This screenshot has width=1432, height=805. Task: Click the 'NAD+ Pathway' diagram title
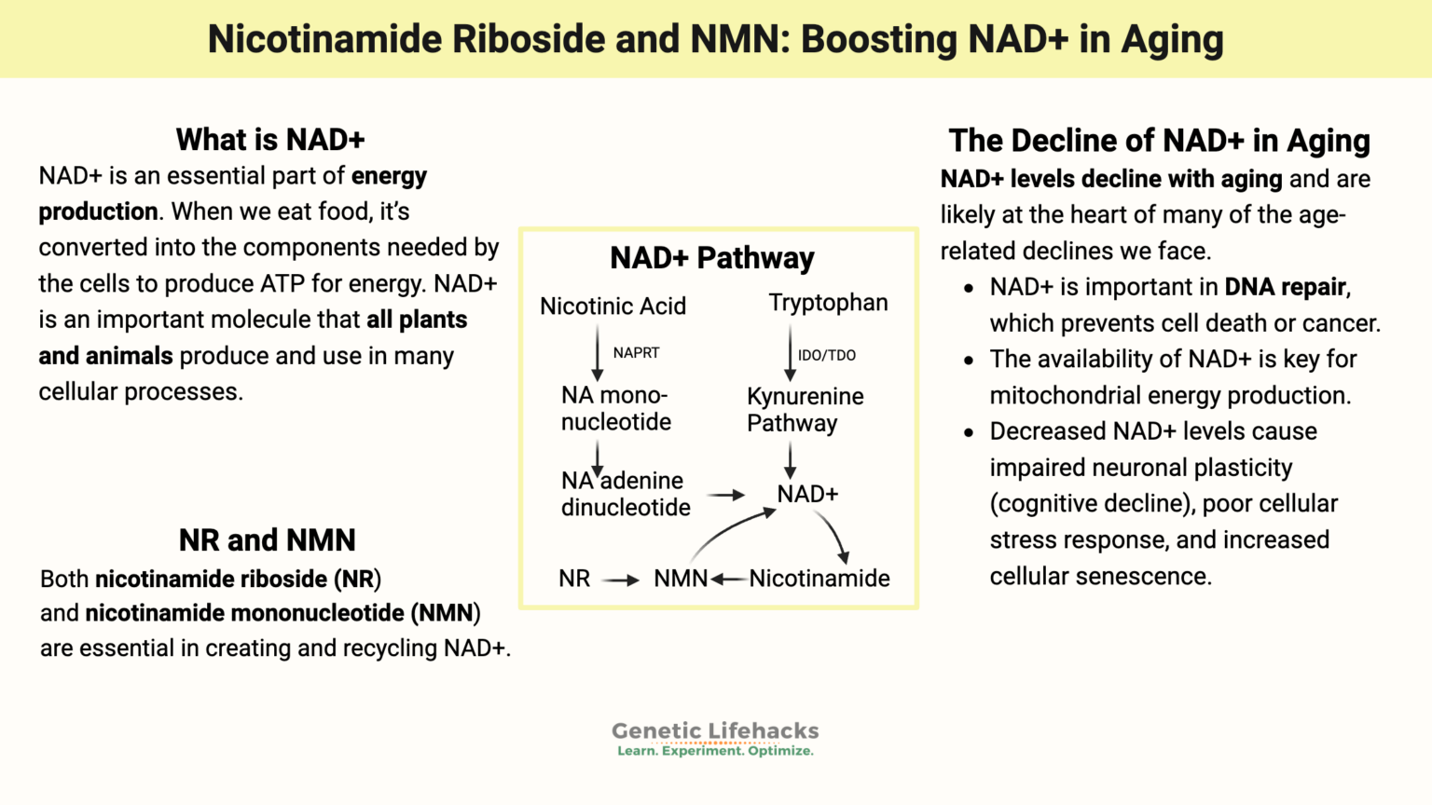712,258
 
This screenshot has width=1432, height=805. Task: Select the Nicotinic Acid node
613,306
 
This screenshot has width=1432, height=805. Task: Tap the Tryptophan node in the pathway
828,303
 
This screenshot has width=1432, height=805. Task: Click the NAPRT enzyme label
636,353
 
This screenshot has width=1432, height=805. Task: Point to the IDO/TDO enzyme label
826,355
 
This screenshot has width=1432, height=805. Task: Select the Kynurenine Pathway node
805,410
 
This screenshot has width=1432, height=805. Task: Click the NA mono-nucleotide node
615,409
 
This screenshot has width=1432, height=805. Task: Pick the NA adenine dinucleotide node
625,494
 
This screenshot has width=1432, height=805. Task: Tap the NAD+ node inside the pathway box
807,494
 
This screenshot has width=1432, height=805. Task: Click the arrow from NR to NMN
620,580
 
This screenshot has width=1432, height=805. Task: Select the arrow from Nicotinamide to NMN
729,580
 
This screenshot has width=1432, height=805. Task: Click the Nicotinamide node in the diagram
819,579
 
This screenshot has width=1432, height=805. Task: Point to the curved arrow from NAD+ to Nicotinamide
833,535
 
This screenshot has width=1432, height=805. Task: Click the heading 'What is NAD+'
270,140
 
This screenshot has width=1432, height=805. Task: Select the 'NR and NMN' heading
268,540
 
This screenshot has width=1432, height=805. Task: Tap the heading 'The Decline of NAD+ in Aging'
1159,141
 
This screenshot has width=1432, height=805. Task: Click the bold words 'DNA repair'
1286,287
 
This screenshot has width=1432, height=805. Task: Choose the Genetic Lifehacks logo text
715,731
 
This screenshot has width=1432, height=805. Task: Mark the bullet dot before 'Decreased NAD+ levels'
970,432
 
